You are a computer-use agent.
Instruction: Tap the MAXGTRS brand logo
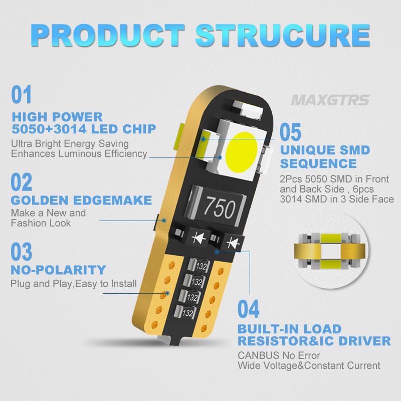point(330,100)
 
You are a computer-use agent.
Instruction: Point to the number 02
point(22,182)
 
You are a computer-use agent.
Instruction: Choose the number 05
point(291,132)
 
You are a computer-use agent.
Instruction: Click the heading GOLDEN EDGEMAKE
point(81,200)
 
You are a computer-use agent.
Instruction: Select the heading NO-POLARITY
point(58,270)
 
